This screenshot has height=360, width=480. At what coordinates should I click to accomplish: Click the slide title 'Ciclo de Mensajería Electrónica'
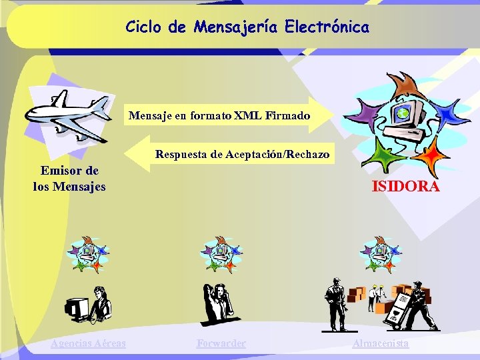[x=247, y=27]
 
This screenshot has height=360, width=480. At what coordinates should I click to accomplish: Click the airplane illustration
[x=67, y=117]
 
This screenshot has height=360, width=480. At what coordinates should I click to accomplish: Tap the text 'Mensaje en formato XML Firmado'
[x=219, y=116]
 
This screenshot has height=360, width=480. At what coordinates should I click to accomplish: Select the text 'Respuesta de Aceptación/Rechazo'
[x=242, y=155]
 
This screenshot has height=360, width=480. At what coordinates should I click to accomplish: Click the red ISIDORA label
[x=405, y=187]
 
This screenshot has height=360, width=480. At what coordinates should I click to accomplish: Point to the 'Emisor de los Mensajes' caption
[x=69, y=179]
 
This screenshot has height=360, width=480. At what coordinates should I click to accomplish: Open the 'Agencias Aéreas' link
[x=88, y=343]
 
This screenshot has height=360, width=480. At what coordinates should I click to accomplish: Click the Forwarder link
[x=221, y=343]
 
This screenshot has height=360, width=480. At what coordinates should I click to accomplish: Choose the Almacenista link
[x=380, y=343]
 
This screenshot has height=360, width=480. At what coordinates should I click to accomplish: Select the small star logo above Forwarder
[x=221, y=254]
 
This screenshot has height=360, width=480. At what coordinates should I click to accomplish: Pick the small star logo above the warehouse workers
[x=380, y=254]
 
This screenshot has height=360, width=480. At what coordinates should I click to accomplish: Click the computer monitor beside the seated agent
[x=77, y=307]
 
